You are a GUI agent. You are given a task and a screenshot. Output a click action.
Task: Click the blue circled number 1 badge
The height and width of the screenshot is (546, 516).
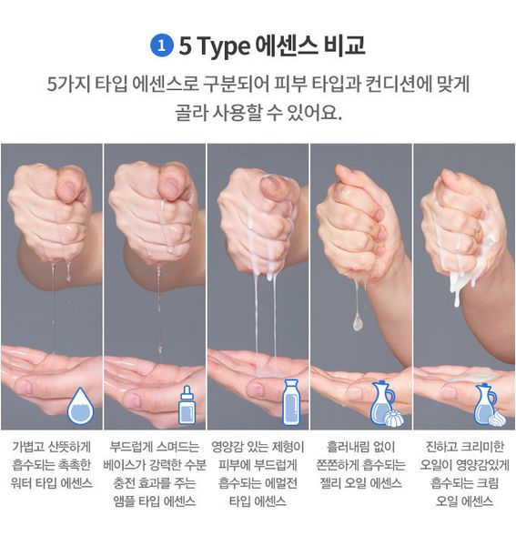pos(161,46)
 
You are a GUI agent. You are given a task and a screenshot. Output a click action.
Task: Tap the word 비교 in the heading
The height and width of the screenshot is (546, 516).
pos(344,45)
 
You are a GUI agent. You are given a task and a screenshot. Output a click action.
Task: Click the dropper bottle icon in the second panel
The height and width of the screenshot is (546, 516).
pos(187,405)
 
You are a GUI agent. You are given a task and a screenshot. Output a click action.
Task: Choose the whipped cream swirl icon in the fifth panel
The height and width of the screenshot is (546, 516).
pos(497,418)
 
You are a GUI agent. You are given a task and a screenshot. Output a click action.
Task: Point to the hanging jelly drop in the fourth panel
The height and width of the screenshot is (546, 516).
pos(358,322)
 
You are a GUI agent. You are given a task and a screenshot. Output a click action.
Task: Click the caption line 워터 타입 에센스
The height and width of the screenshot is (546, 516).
pos(52,483)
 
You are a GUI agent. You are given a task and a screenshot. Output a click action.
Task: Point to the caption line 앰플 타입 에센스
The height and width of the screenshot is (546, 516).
pos(154,501)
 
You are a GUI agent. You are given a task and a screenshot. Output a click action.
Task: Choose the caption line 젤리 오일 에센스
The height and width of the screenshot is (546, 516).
pos(360,483)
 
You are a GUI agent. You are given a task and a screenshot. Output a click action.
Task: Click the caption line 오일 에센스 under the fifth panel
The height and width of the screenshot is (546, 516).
pos(464,501)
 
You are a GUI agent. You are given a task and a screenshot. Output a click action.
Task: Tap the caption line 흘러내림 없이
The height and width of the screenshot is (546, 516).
pos(360,447)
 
